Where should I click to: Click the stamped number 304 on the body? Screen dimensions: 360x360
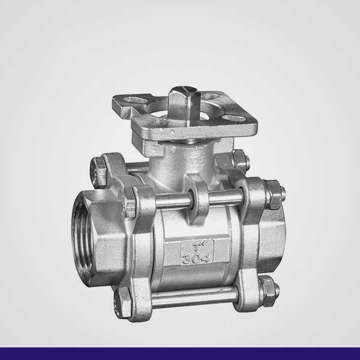tap(196, 258)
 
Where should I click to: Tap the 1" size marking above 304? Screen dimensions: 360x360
tap(197, 246)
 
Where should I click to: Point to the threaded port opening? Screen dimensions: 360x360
tap(82, 238)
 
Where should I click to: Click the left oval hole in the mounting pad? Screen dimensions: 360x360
tap(134, 100)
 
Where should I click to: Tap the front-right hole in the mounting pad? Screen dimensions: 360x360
tap(234, 118)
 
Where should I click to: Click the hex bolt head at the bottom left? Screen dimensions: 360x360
tap(122, 302)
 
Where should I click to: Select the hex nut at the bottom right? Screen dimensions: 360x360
tap(269, 291)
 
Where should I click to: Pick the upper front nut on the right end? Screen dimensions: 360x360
tap(275, 194)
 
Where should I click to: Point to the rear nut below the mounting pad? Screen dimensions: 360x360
tap(241, 161)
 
